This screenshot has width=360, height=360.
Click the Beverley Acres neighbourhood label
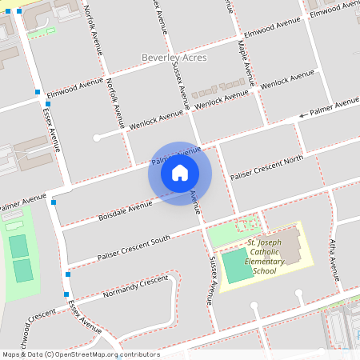[174, 58]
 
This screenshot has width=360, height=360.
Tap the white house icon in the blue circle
[180, 172]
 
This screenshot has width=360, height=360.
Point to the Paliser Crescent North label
[266, 166]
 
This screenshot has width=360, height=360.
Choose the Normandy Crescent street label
[138, 289]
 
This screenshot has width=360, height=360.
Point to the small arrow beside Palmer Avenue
[302, 115]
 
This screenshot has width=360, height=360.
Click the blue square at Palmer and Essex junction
[54, 202]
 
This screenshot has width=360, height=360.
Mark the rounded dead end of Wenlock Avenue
[97, 138]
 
